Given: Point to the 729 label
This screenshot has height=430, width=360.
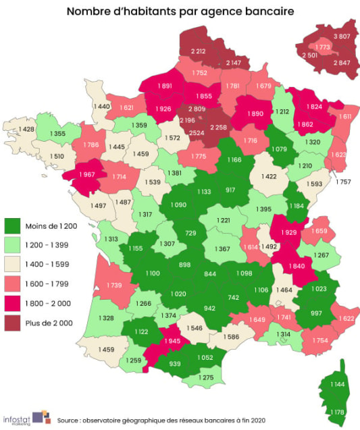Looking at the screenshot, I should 191,233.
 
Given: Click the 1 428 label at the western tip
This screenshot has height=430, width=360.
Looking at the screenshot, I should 26,130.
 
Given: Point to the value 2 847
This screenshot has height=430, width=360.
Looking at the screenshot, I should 342,62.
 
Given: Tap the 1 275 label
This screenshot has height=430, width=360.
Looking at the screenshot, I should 207,378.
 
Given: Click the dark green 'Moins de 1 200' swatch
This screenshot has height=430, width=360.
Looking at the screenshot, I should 13,225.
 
